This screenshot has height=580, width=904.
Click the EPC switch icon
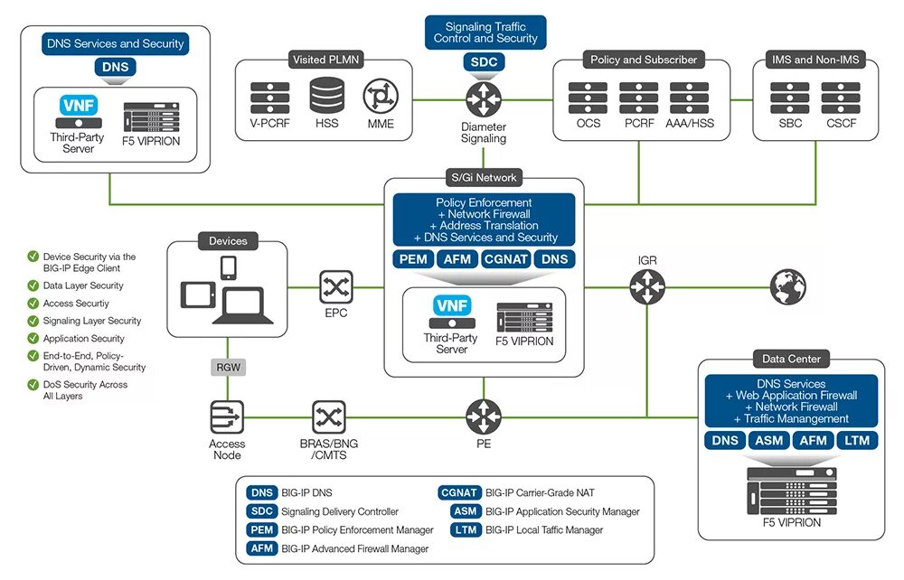click(x=336, y=288)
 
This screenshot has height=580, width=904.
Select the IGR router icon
click(x=646, y=288)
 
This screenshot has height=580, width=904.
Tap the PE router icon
click(x=483, y=416)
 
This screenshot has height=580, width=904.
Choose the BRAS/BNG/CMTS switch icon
click(x=328, y=416)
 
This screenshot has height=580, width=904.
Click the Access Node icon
click(x=226, y=416)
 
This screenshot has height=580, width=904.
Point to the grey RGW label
click(x=226, y=367)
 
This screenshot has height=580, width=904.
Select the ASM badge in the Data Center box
click(x=768, y=440)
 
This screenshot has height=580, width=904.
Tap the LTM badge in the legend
click(x=465, y=530)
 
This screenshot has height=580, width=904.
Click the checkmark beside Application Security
click(x=33, y=339)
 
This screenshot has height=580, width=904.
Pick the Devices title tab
click(x=228, y=241)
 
